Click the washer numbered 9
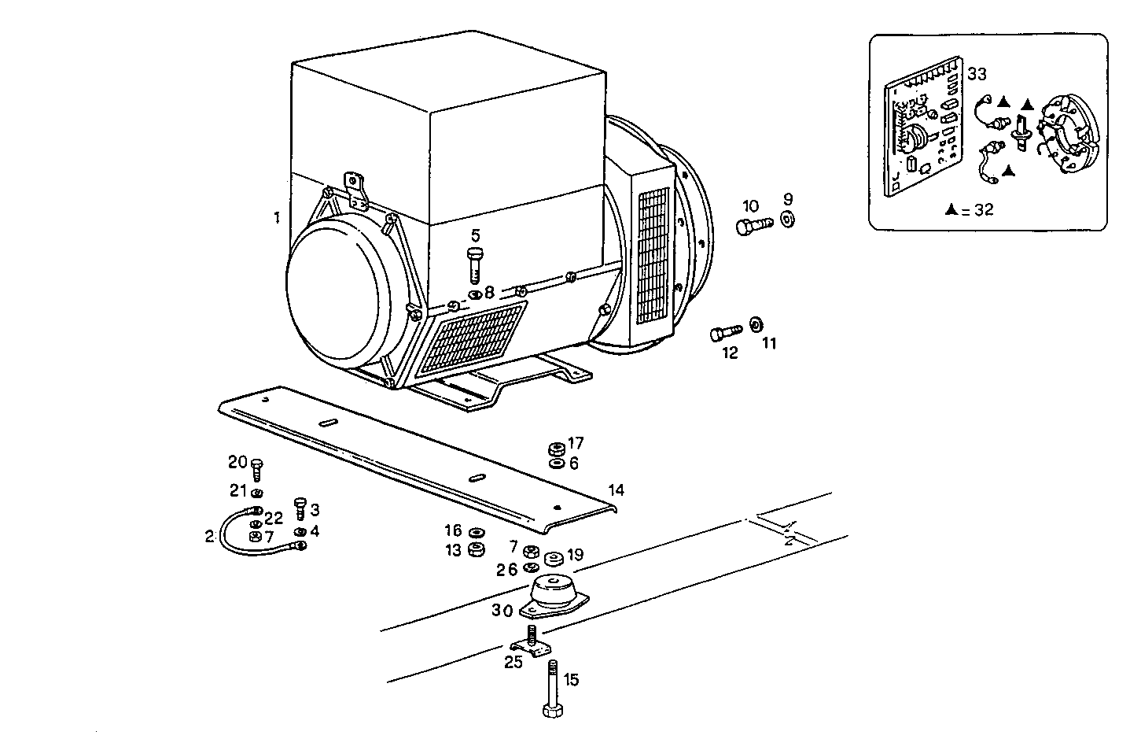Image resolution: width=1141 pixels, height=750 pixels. (x=788, y=220)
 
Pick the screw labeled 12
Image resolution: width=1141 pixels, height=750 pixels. (x=726, y=333)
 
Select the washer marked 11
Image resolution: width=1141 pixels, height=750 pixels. (x=756, y=323)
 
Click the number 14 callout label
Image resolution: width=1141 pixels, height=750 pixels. (x=616, y=490)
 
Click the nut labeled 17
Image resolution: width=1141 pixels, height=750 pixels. (x=556, y=449)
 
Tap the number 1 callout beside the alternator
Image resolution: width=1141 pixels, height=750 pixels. (x=277, y=217)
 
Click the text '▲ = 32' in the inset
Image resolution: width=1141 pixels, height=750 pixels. (x=970, y=210)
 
